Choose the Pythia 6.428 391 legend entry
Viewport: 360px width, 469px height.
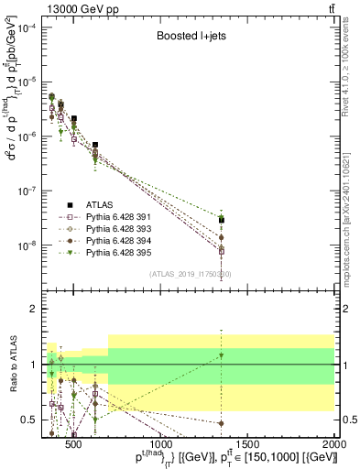pos(120,217)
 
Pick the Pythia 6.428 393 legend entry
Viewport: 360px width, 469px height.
pos(120,228)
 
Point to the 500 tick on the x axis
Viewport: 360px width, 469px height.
pos(74,444)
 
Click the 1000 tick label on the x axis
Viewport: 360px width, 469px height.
pos(161,444)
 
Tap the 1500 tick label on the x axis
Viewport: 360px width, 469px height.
pos(247,444)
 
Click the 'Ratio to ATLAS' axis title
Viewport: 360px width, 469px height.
pos(13,364)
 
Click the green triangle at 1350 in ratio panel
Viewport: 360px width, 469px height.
pos(222,355)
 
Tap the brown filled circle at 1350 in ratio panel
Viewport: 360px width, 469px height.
pos(222,423)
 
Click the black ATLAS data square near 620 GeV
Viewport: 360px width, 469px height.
pos(95,145)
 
